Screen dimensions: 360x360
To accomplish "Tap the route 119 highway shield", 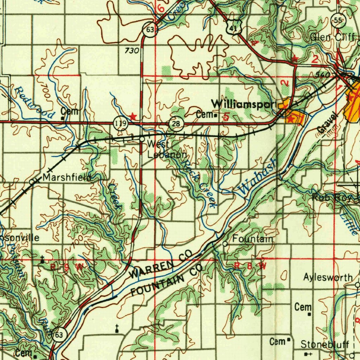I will click(121, 123).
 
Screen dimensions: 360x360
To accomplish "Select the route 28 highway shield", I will click(176, 123).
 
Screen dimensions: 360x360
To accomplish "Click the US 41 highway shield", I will click(234, 27).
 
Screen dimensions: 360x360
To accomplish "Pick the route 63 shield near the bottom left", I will click(58, 335).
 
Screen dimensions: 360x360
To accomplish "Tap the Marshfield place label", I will click(67, 178).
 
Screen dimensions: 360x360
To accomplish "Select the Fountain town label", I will click(253, 239).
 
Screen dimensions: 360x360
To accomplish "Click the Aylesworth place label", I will click(328, 278).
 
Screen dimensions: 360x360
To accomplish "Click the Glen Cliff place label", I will click(332, 37).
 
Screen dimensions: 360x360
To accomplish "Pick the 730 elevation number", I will click(132, 51).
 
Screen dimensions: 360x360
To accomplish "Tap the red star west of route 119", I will click(133, 116).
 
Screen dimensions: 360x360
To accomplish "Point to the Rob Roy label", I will click(331, 198).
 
